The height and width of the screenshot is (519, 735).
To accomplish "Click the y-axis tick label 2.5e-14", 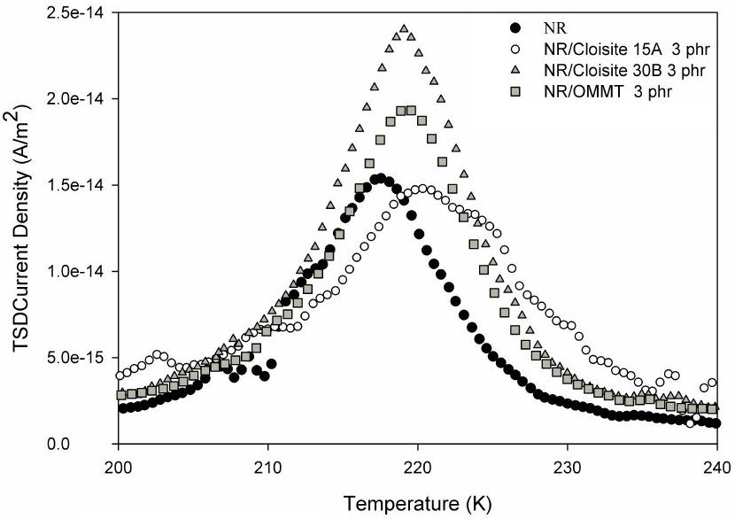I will [x=81, y=13].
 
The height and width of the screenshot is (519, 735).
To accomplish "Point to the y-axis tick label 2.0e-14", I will [x=81, y=98].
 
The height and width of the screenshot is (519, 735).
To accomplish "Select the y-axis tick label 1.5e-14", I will [x=81, y=185].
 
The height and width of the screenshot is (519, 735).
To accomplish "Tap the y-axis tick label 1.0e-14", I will [x=81, y=271].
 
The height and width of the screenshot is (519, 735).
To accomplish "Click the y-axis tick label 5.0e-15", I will [x=81, y=357].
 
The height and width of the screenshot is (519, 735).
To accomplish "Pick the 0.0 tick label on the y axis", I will [x=96, y=444].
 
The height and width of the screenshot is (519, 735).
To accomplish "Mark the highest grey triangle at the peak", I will [x=404, y=28].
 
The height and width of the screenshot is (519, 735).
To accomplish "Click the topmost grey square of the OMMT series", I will [x=411, y=110].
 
